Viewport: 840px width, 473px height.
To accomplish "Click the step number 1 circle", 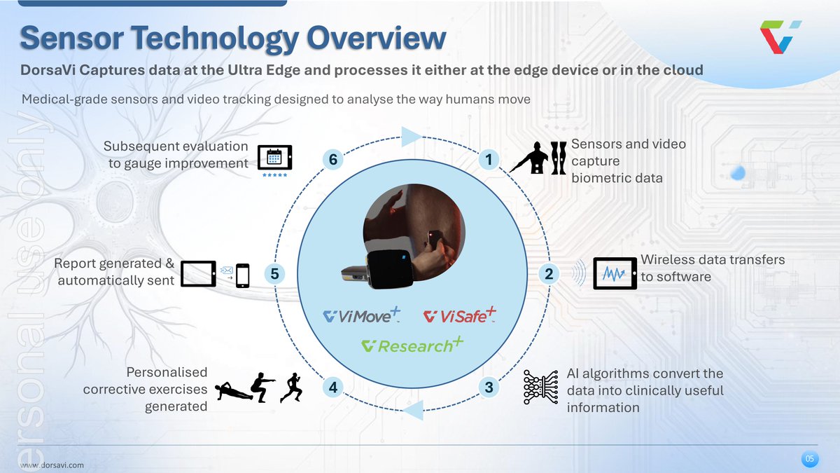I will tap(489, 160).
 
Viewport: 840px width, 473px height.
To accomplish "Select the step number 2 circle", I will tap(549, 274).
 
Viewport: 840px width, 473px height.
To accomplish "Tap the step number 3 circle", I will tap(489, 387).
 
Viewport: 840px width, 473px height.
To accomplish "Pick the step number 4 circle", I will tap(334, 387).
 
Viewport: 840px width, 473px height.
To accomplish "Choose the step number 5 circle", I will tap(274, 274).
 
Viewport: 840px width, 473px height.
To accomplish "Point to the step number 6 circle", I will tap(334, 160).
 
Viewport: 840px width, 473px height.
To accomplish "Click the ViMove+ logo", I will tap(361, 315).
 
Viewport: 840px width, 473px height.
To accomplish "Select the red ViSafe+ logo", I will tap(460, 315).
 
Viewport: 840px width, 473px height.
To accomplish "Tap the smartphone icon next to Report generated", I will tap(243, 275).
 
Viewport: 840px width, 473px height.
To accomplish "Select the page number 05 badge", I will tap(809, 459).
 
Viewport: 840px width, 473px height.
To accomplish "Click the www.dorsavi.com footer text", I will tap(52, 465).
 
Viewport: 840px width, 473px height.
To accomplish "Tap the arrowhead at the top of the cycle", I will tap(412, 135).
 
